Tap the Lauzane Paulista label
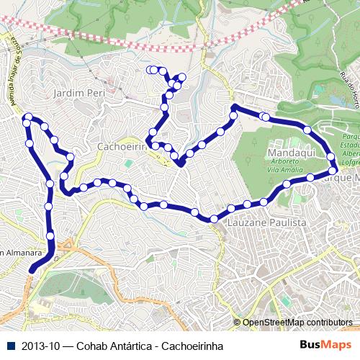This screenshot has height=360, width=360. pos(266,223)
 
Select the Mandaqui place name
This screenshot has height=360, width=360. pos(289,154)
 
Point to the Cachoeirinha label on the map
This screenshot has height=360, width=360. pos(121,145)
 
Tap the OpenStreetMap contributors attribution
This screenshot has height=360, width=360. pos(297,323)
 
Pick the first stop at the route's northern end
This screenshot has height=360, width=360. pos(150,70)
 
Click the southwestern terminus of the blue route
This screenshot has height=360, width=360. pos(32,270)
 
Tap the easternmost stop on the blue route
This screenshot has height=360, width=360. pos(330,156)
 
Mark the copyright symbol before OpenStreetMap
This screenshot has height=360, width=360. pos(238,323)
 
